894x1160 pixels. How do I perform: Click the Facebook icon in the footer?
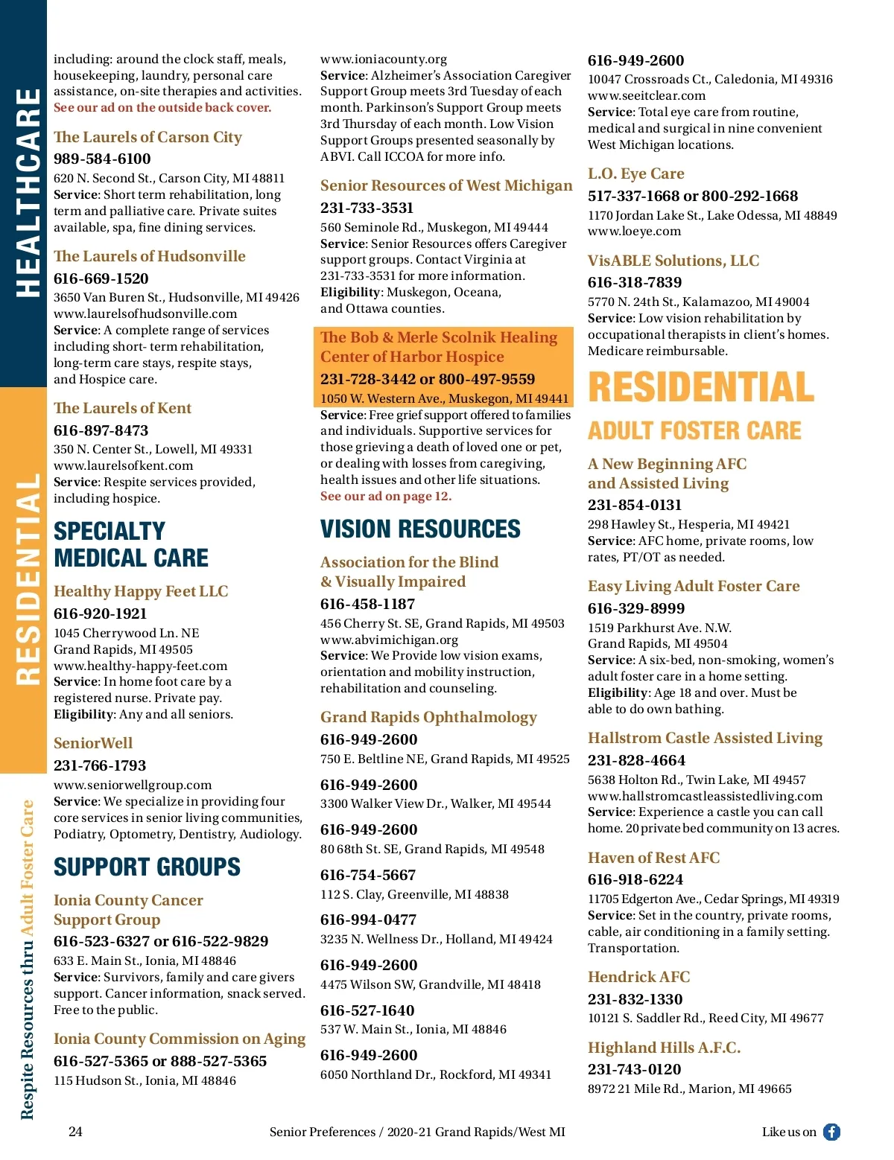pyautogui.click(x=831, y=1132)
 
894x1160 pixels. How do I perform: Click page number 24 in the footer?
pyautogui.click(x=75, y=1132)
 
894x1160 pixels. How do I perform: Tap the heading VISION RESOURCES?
pyautogui.click(x=420, y=529)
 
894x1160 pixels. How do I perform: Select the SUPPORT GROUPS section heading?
pyautogui.click(x=147, y=867)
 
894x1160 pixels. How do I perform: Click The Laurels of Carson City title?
pyautogui.click(x=148, y=138)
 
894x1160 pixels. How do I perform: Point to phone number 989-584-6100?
pyautogui.click(x=102, y=159)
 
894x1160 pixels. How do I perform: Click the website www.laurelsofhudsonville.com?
pyautogui.click(x=145, y=313)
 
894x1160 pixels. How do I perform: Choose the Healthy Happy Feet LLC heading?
pyautogui.click(x=141, y=592)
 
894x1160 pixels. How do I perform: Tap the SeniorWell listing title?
pyautogui.click(x=93, y=743)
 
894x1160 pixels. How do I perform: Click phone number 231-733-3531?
pyautogui.click(x=367, y=208)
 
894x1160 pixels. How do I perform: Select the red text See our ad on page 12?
pyautogui.click(x=386, y=497)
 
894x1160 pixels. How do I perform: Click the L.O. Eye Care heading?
pyautogui.click(x=635, y=174)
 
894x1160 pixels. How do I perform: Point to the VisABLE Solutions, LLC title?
pyautogui.click(x=673, y=261)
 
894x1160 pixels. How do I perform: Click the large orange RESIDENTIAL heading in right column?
pyautogui.click(x=701, y=388)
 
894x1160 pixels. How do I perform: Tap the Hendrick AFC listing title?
pyautogui.click(x=638, y=978)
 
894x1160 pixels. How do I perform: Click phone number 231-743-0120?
pyautogui.click(x=634, y=1070)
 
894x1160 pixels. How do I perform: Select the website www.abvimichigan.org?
pyautogui.click(x=389, y=640)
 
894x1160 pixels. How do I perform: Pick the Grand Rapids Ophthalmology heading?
pyautogui.click(x=428, y=718)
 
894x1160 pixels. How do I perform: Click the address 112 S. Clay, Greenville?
pyautogui.click(x=414, y=894)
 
